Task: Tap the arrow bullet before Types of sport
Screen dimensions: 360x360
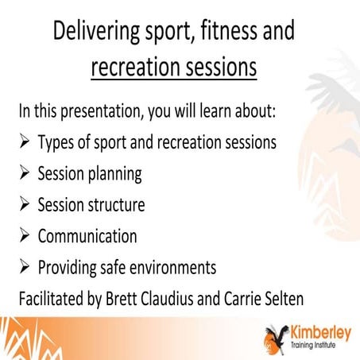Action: (25, 143)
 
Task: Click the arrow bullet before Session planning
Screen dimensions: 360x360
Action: (25, 174)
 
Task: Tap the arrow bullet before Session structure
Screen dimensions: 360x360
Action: (25, 205)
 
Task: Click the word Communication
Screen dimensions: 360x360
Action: (87, 237)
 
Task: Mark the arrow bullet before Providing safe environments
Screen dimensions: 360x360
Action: (25, 268)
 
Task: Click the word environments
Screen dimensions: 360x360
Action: (179, 268)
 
